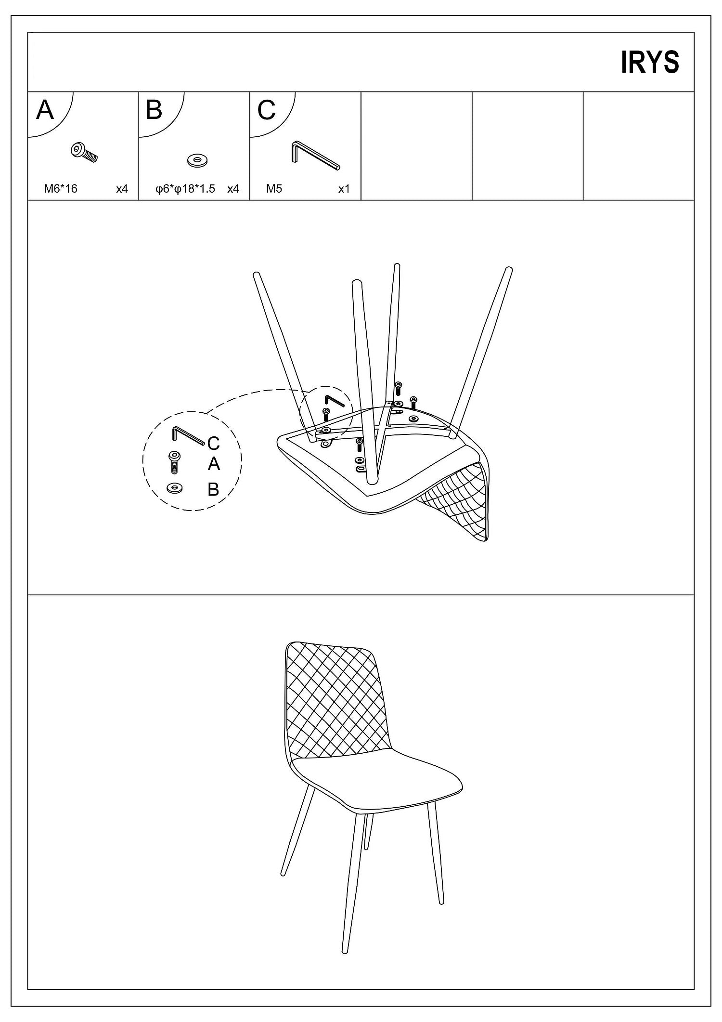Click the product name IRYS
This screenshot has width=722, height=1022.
650,62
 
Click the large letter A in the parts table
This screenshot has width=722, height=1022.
45,110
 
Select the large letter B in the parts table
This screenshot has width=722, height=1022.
154,110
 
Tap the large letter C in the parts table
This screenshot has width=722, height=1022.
266,110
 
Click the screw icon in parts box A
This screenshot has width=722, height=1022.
84,152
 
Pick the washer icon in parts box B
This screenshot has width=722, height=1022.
197,160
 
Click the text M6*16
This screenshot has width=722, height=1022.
61,189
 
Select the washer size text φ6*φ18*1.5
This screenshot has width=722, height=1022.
185,189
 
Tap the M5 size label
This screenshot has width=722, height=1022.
274,189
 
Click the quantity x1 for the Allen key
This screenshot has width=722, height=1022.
344,189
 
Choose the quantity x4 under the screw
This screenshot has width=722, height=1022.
122,189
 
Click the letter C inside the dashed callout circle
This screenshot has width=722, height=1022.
213,443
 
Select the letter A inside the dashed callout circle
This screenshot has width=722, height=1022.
214,464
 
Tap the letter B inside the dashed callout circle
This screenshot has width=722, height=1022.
213,489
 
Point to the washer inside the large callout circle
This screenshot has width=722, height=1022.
174,488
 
